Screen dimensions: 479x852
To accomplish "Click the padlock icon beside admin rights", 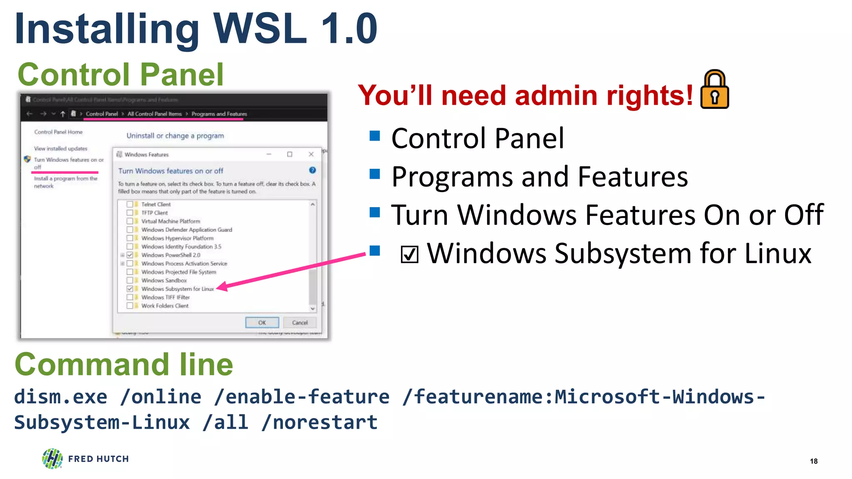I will click(x=714, y=90).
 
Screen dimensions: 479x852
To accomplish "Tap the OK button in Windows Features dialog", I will click(x=262, y=323).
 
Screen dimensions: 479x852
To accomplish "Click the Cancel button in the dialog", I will click(x=300, y=323).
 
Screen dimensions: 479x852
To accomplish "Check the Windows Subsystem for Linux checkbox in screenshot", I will click(x=130, y=289).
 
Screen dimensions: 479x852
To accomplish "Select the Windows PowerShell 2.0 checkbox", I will click(x=130, y=255).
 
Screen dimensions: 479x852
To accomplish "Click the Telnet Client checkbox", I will click(x=130, y=204).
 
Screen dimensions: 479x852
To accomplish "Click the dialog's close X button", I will click(x=311, y=154).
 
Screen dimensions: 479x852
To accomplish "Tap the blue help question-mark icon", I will click(x=312, y=170).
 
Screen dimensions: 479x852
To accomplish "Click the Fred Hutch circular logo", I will click(x=52, y=459).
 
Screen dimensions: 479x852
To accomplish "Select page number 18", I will click(x=814, y=461).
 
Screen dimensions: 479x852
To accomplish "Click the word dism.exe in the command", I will click(x=60, y=397).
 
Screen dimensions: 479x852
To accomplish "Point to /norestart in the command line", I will click(x=319, y=422).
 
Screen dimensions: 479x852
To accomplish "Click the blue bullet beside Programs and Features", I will click(x=375, y=174).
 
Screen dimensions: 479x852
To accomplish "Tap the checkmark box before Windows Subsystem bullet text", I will click(x=409, y=254).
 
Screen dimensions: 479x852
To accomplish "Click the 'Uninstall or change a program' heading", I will click(x=175, y=136).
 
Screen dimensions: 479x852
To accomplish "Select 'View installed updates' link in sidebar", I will click(x=61, y=148).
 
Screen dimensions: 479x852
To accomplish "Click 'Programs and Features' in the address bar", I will click(x=219, y=114).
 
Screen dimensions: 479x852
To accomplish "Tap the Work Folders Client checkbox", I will click(x=130, y=306).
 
